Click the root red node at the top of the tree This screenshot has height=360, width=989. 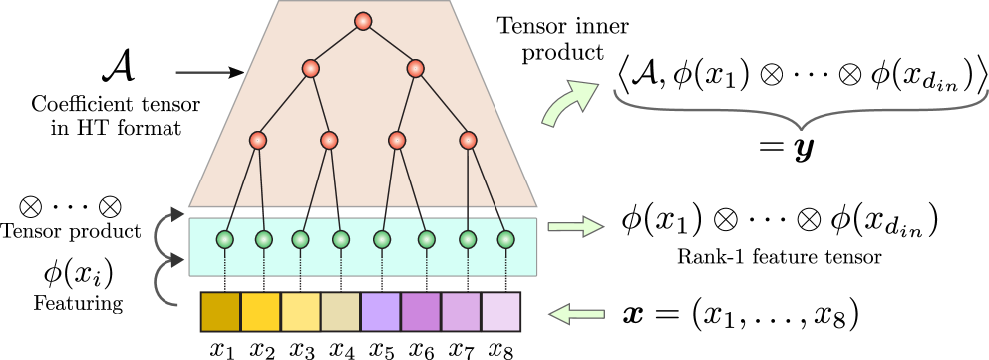coord(363,21)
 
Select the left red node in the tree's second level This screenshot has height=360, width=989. coord(311,69)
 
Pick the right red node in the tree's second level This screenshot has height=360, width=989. coord(415,69)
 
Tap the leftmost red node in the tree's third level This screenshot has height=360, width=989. coord(258,141)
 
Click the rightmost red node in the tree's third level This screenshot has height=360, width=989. coord(468,141)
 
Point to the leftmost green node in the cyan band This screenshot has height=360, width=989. coord(225,239)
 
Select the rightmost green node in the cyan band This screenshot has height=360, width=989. coord(505,239)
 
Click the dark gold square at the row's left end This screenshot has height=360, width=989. coord(220,311)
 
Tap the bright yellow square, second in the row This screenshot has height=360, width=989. coord(260,311)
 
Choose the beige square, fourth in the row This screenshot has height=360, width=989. coord(340,311)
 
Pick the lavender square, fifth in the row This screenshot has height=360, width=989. coord(380,311)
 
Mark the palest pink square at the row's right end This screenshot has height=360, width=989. coord(500,311)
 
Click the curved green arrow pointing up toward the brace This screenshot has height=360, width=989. coord(568,104)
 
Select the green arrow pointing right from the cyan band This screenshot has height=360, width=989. coord(575,227)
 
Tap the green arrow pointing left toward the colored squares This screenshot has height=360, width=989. coord(577,315)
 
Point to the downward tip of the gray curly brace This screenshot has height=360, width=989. coord(801,128)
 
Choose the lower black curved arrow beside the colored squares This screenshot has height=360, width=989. coord(165,281)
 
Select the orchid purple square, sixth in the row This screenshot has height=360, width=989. coord(420,311)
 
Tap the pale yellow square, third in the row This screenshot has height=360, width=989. coord(300,311)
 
